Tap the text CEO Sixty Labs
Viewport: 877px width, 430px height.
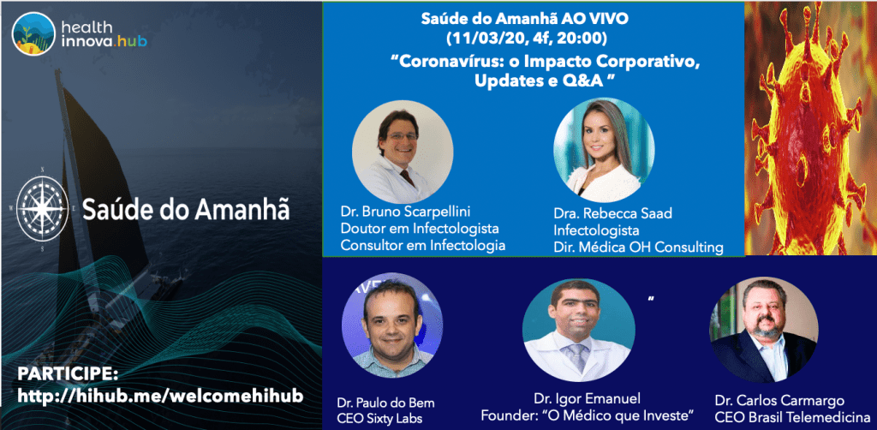coord(379,419)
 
